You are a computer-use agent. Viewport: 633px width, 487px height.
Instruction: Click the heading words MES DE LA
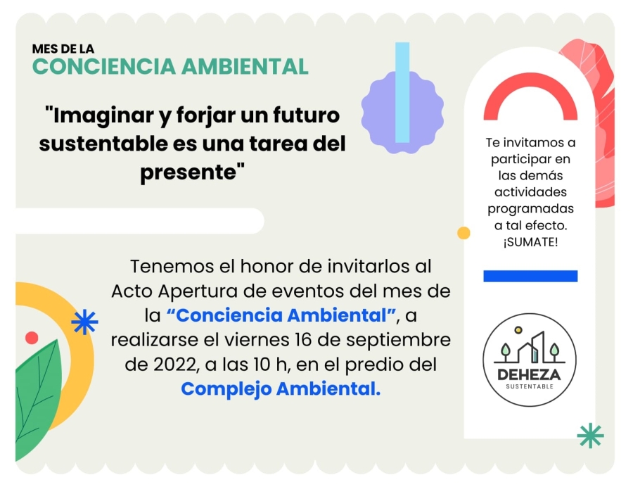(x=63, y=49)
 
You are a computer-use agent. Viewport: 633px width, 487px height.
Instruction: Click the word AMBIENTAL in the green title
(x=245, y=67)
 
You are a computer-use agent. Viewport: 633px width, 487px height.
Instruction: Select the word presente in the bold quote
(x=188, y=172)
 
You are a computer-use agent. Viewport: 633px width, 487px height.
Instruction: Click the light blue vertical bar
(x=402, y=92)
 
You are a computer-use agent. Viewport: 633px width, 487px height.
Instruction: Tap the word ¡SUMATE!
(x=530, y=242)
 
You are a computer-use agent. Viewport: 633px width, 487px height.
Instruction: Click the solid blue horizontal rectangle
(x=530, y=276)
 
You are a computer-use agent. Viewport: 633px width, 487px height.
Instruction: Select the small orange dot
(x=463, y=233)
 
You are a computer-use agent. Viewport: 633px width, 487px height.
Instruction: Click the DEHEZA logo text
(x=529, y=374)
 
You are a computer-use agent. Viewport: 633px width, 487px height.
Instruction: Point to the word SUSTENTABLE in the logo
(x=530, y=386)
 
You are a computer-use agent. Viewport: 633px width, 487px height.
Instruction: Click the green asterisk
(x=590, y=436)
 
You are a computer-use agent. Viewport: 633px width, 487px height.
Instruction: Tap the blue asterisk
(x=84, y=322)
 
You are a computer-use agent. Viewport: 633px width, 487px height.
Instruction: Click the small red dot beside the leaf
(x=32, y=338)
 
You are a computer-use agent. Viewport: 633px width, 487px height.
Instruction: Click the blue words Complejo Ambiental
(x=281, y=389)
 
